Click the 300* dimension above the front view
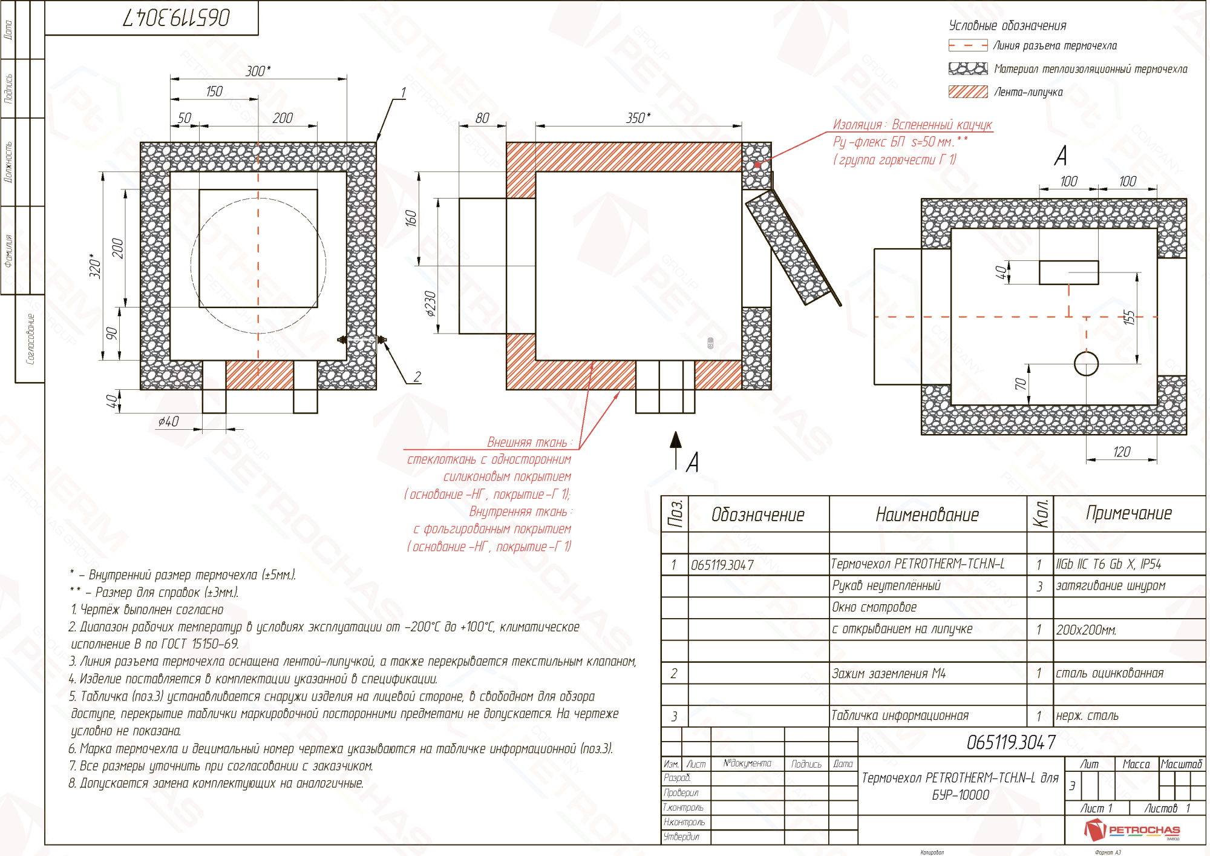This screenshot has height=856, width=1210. click(x=258, y=71)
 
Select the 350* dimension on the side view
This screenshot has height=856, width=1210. click(x=638, y=118)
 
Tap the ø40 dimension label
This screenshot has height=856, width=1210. click(x=168, y=421)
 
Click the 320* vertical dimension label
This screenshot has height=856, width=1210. click(x=95, y=266)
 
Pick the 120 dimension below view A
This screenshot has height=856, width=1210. click(x=1121, y=452)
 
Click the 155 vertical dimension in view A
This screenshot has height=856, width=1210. click(x=1129, y=317)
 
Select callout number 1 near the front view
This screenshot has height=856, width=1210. click(x=403, y=92)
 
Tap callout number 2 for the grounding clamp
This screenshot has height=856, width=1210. click(x=417, y=377)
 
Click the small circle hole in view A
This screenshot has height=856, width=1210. click(x=1086, y=364)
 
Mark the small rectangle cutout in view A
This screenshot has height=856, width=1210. click(x=1068, y=272)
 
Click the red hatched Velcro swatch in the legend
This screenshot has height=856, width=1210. click(x=968, y=92)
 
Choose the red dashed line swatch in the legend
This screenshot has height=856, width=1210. click(x=968, y=45)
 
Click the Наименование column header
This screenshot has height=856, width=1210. click(x=927, y=515)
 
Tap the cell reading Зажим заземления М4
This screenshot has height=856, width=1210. click(x=888, y=673)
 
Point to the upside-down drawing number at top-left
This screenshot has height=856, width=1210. click(x=177, y=18)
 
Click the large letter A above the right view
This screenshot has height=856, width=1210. click(x=1060, y=156)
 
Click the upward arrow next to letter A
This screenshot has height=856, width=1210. click(x=676, y=448)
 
